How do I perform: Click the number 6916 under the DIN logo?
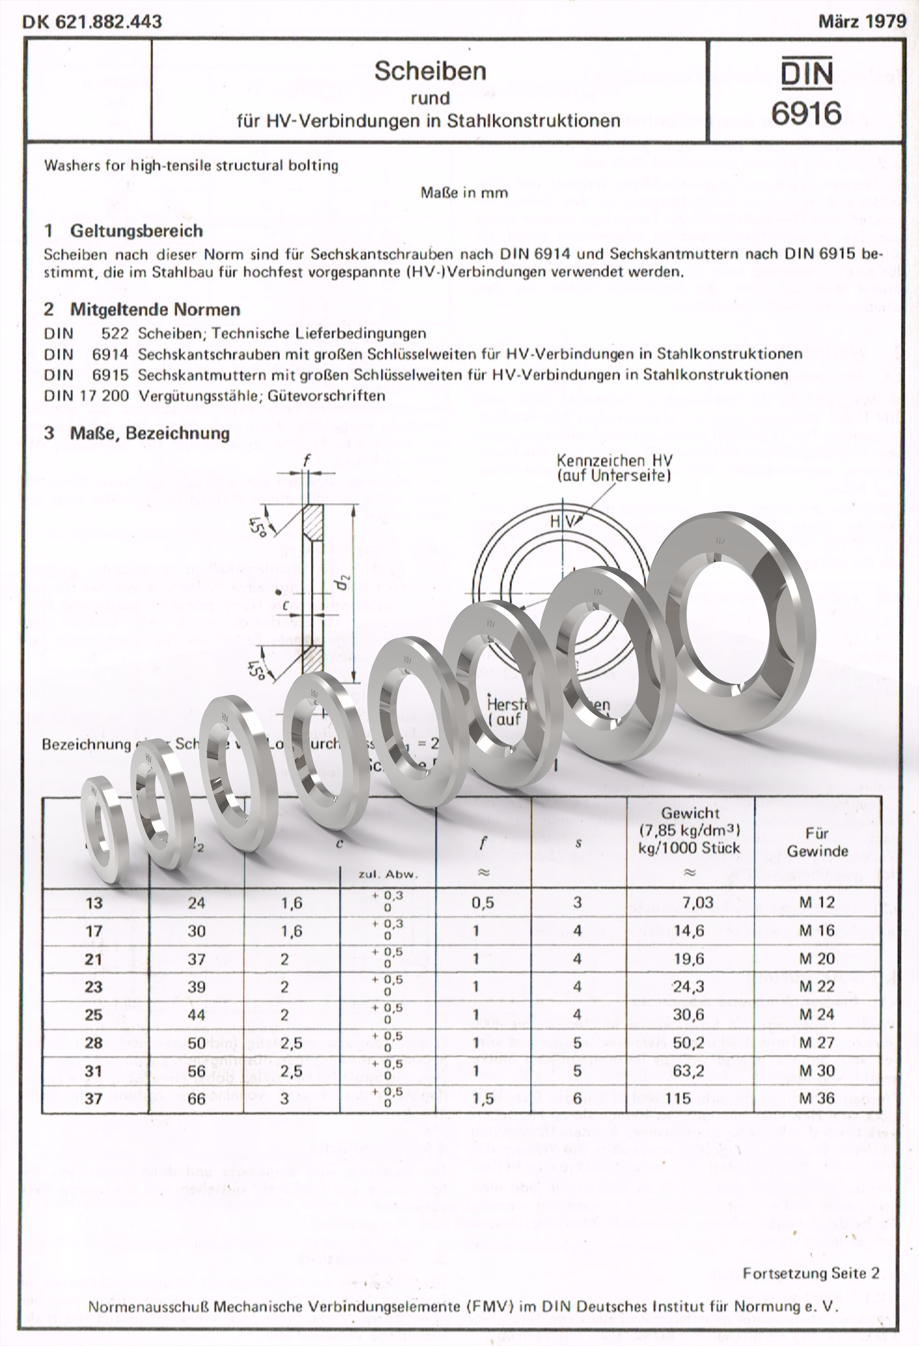pyautogui.click(x=806, y=113)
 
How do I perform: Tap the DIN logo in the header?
pyautogui.click(x=806, y=74)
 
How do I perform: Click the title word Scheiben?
pyautogui.click(x=430, y=71)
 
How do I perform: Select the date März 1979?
pyautogui.click(x=862, y=22)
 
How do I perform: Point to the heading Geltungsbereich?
pyautogui.click(x=137, y=231)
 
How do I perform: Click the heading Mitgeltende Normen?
pyautogui.click(x=155, y=310)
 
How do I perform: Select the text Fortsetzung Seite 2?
pyautogui.click(x=811, y=1273)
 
